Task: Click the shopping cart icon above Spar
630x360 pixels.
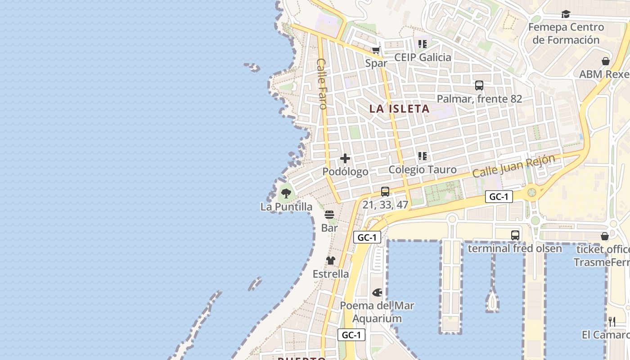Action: (x=376, y=50)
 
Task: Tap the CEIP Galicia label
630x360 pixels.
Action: (x=423, y=57)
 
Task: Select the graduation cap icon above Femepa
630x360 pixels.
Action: (x=566, y=14)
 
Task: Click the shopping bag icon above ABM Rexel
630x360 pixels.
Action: (x=606, y=61)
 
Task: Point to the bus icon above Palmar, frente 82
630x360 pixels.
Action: (x=479, y=85)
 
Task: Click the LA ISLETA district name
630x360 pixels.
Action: (x=400, y=108)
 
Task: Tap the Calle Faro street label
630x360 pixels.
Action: (x=322, y=84)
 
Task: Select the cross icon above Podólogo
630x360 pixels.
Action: (x=345, y=158)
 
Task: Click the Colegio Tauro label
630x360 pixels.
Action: (x=423, y=170)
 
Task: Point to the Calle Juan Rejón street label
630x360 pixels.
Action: (x=513, y=166)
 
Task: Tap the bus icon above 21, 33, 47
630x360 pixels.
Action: (x=385, y=192)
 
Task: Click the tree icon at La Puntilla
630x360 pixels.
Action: (x=286, y=194)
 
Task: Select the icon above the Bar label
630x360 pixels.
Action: (x=329, y=215)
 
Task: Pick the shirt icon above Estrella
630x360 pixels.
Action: (x=331, y=261)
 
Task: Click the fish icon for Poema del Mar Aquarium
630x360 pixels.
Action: (x=377, y=292)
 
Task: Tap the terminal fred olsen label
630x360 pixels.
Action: (x=515, y=248)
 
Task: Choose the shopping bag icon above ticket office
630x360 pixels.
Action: (x=605, y=236)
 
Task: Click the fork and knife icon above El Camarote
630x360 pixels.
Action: (x=612, y=321)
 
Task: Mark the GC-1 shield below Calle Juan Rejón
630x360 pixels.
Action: (x=499, y=197)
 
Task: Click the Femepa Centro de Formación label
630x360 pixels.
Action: (x=566, y=33)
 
